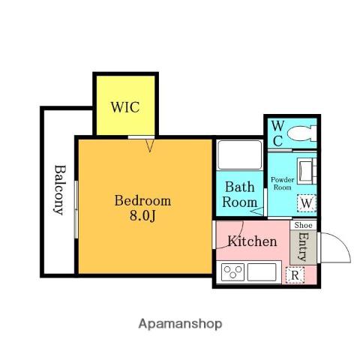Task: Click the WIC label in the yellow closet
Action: coord(125,107)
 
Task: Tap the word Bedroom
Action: coord(142,200)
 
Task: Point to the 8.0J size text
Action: coord(142,215)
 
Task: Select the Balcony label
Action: coord(59,190)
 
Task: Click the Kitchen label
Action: coord(252,241)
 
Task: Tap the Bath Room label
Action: coord(240,194)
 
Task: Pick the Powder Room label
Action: coord(283,184)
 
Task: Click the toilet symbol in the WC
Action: coord(301,133)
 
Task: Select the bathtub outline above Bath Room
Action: coord(240,154)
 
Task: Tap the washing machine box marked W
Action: coord(307,203)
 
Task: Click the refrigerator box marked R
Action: coord(295,275)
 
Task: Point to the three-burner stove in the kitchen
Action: coord(233,271)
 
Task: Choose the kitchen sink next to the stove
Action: coord(262,271)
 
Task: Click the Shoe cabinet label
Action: coord(303,225)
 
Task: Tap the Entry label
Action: coord(303,247)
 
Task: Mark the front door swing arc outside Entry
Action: coord(343,241)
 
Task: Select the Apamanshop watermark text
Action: coord(180,324)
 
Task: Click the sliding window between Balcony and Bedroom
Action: coord(76,209)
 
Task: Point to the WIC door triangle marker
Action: coord(150,145)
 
